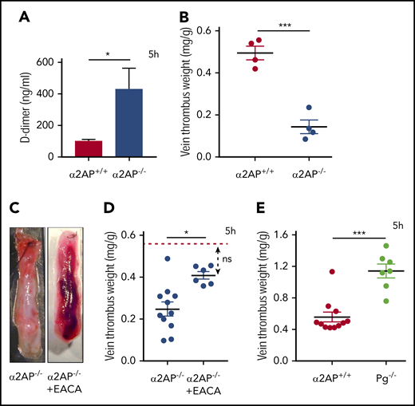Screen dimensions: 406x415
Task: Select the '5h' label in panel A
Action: coord(155,53)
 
